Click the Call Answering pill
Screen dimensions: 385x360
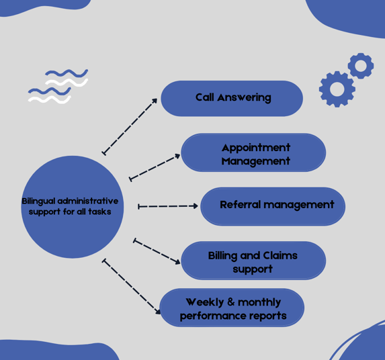[x=232, y=99]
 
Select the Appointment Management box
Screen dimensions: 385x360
[x=253, y=152]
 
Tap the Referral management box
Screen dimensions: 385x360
[x=273, y=206]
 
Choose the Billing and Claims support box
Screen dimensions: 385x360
[x=253, y=261]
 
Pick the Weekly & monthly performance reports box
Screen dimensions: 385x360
[x=232, y=308]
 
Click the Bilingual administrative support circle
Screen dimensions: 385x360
[x=72, y=207]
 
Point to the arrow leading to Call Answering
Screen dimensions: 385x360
[x=130, y=127]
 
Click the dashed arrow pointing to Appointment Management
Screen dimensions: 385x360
[x=155, y=167]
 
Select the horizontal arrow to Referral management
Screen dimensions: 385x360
[x=168, y=206]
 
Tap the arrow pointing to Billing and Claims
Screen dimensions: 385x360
[x=157, y=251]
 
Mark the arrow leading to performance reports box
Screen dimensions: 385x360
[x=132, y=286]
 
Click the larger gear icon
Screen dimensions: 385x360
[x=337, y=89]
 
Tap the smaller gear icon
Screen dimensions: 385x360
[x=361, y=66]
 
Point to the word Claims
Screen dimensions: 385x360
[x=280, y=256]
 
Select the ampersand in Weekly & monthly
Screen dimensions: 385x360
[x=231, y=302]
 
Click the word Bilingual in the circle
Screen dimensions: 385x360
[x=38, y=201]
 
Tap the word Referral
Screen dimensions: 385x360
[x=240, y=205]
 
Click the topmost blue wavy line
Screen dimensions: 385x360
[x=67, y=73]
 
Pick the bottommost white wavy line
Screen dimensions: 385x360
[x=50, y=99]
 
